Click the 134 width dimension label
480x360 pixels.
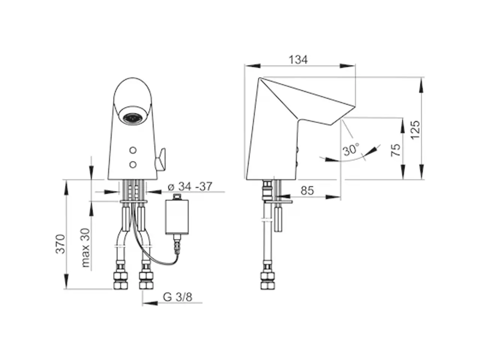click(x=298, y=60)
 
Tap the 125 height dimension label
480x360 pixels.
click(x=415, y=129)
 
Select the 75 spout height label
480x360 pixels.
click(x=396, y=150)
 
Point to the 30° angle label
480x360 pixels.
click(x=351, y=150)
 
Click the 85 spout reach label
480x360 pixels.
click(x=307, y=190)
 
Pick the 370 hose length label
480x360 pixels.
click(x=60, y=244)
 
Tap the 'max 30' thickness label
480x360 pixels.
click(x=85, y=247)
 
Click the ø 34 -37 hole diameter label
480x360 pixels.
click(x=190, y=186)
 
